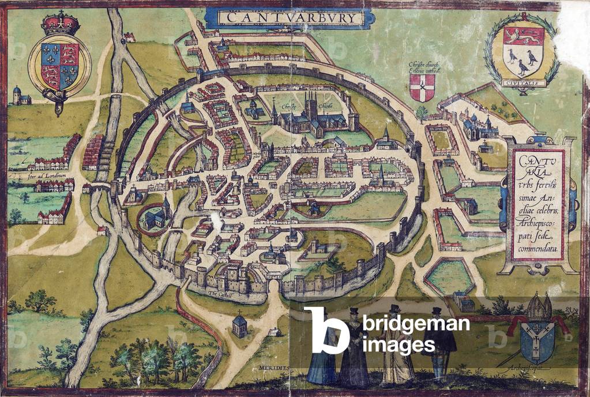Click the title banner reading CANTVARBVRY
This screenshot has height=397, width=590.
coord(291,17)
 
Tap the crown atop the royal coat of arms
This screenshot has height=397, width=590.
coord(61,23)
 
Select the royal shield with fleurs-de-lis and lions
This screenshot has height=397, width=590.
coord(60,64)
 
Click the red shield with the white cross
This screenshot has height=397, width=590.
coord(422,87)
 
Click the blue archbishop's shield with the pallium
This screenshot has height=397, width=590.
coord(537,342)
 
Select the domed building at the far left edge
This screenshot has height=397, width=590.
coord(21,96)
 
